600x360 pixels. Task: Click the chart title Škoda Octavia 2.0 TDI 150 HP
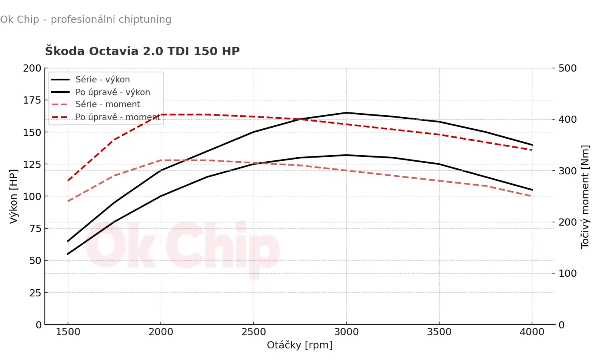142,51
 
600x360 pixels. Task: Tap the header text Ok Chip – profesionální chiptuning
86,19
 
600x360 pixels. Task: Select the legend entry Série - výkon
102,80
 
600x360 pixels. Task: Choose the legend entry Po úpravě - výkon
113,92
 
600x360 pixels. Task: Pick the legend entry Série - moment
108,104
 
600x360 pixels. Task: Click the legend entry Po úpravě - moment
118,117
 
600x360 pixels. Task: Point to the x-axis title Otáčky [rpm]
300,345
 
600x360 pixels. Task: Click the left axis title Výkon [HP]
14,196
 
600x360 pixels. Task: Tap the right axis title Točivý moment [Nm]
585,196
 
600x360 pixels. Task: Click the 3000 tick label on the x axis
346,332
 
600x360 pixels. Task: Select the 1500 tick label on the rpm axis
68,332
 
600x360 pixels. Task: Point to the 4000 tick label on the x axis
532,332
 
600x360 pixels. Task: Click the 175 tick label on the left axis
32,100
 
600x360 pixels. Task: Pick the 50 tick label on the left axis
35,260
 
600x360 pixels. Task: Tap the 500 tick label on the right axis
568,68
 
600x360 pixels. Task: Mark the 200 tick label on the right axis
568,222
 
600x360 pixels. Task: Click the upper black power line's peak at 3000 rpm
346,113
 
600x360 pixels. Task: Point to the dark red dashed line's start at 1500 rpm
68,180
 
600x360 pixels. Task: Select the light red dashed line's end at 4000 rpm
532,196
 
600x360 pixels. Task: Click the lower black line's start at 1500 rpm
68,254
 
